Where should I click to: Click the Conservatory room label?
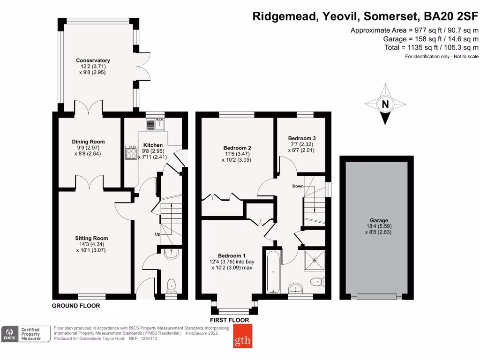(93, 60)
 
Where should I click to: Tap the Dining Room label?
(88, 142)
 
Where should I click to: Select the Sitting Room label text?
(92, 238)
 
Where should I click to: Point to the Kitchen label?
(153, 145)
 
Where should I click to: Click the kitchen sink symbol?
(155, 125)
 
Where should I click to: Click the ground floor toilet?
(172, 285)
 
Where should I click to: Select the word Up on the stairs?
(158, 234)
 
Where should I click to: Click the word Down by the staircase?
(298, 186)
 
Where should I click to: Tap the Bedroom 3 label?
(301, 138)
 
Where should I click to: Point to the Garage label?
(378, 220)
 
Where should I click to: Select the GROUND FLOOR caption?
(76, 306)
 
